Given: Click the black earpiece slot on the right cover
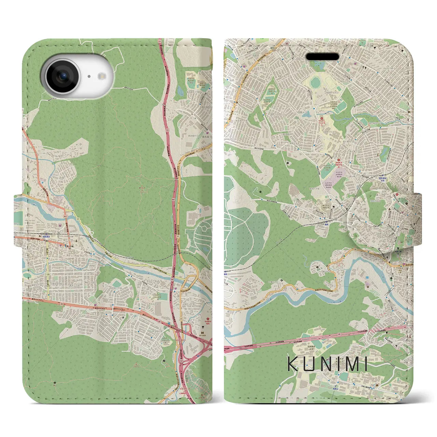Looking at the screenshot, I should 322,56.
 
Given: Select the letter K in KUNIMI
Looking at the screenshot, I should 293,364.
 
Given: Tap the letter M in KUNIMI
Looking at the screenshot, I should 345,364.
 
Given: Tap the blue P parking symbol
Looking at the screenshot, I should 42,183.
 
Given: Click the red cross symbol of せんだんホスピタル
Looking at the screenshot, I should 321,119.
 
